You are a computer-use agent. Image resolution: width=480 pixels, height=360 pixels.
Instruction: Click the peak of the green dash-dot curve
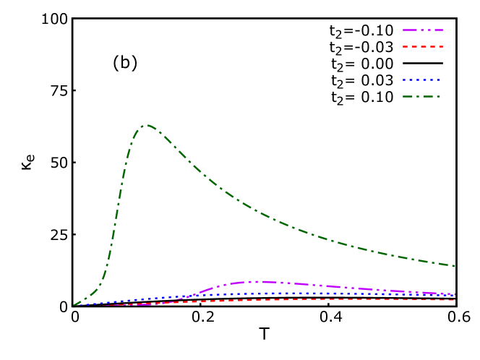tap(145, 125)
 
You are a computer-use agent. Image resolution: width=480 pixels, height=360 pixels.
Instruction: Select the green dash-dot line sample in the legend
tap(421, 96)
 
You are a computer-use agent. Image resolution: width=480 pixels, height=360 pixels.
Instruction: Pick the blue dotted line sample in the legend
tap(421, 80)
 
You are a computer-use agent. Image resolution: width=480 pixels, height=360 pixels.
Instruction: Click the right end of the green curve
tap(455, 266)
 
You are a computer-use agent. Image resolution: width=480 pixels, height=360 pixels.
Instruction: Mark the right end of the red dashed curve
tap(455, 299)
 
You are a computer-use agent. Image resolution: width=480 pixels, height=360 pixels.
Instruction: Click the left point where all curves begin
tap(74, 305)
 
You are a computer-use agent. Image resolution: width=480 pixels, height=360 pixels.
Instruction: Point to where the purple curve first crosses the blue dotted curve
tap(189, 296)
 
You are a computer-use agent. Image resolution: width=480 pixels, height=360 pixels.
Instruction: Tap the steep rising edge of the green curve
tap(116, 217)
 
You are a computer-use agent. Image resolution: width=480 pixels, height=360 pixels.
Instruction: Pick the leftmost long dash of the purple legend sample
tap(409, 30)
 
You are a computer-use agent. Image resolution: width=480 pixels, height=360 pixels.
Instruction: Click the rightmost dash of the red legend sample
tap(440, 46)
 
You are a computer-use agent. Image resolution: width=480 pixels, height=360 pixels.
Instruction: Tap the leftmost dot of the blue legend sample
tap(404, 80)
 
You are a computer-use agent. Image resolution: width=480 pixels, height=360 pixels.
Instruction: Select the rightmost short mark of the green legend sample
tap(438, 96)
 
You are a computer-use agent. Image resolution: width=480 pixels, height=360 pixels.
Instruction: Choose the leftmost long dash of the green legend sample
tap(408, 96)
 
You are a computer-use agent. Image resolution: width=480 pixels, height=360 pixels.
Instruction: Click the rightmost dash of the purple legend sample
tap(440, 30)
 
